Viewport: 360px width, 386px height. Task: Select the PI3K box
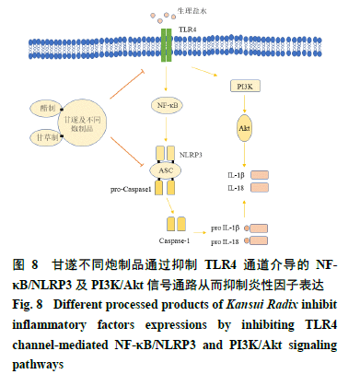pyautogui.click(x=244, y=86)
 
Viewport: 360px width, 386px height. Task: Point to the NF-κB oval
pyautogui.click(x=167, y=105)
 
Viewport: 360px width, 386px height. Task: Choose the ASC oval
pyautogui.click(x=167, y=170)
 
